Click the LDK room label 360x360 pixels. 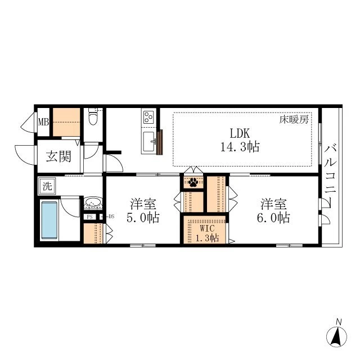point(240,133)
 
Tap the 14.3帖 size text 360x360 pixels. point(240,147)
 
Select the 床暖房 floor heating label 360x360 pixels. point(294,120)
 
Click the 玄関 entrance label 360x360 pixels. point(58,156)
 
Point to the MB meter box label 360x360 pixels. point(43,122)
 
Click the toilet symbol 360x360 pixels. point(93,116)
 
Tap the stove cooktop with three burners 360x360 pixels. point(148,117)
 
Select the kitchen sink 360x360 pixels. point(148,141)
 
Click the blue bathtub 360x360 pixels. point(49,220)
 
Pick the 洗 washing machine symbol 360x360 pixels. point(47,186)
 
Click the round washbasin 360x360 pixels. point(93,202)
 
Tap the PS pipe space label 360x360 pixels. point(89,217)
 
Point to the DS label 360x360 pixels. point(111,216)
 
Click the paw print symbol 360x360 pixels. point(193,182)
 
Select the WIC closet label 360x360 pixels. point(207,228)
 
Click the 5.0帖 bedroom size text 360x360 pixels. point(143,218)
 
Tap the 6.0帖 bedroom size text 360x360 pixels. point(273,218)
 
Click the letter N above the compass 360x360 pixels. point(339,322)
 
